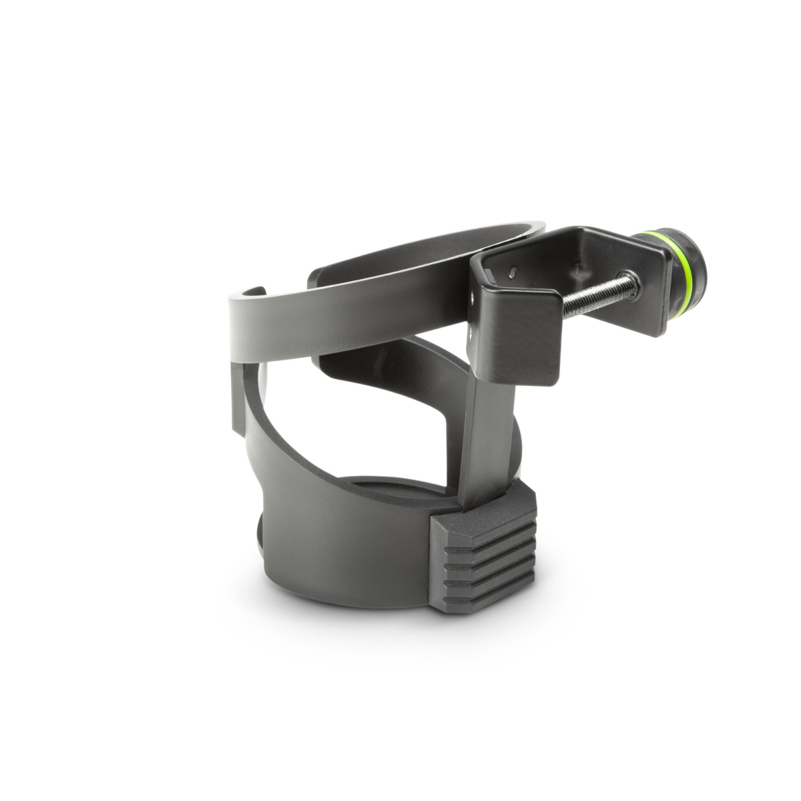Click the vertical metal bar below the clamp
491,427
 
